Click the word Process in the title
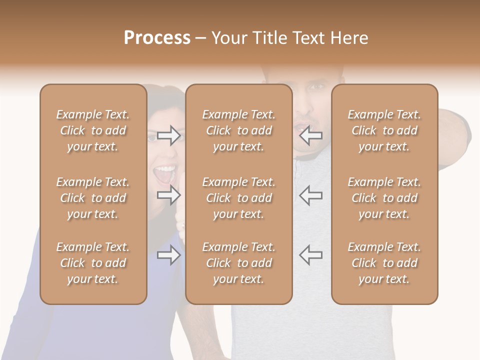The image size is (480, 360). point(157,38)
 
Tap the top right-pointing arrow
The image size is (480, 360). point(169,135)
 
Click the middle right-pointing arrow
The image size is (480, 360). point(169,195)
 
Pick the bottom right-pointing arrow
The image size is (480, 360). point(169,255)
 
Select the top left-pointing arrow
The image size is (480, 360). point(310,135)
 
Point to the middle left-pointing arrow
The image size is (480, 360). point(310,195)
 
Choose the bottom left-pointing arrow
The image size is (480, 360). point(310,254)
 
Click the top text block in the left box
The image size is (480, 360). point(93,130)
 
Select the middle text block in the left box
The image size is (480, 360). point(93,198)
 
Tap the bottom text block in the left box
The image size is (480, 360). point(93,263)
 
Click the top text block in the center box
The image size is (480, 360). point(238,130)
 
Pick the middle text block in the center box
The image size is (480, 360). point(238,198)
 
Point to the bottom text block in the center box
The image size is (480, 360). point(238,263)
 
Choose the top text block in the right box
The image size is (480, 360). point(384,130)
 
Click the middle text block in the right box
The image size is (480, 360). point(384,198)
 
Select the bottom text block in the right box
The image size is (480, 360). point(384,263)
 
